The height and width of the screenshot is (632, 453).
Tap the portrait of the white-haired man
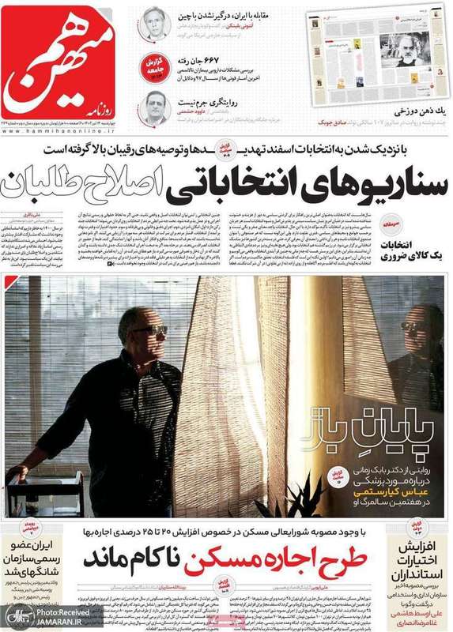[156, 24]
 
